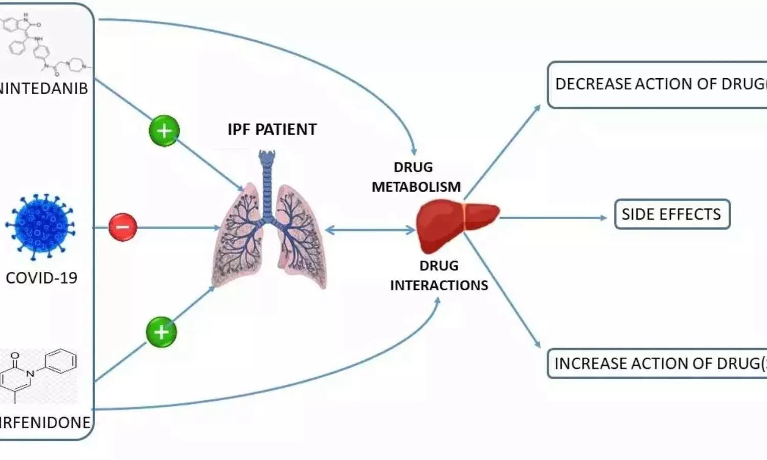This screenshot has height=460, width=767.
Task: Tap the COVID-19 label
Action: [x=41, y=278]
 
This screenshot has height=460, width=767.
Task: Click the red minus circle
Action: [x=123, y=226]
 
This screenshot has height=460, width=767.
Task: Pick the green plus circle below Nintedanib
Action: [x=164, y=131]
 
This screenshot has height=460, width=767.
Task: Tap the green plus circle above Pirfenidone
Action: [x=161, y=332]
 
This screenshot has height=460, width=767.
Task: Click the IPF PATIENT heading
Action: [x=272, y=130]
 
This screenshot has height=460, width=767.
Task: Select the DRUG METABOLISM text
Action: [x=416, y=177]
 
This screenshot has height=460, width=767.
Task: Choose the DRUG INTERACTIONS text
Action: [x=439, y=275]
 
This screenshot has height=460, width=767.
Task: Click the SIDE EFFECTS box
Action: [x=671, y=214]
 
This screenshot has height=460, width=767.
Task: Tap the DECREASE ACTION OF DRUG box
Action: [x=657, y=84]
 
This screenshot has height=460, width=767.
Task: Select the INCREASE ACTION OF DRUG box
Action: [x=657, y=363]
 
